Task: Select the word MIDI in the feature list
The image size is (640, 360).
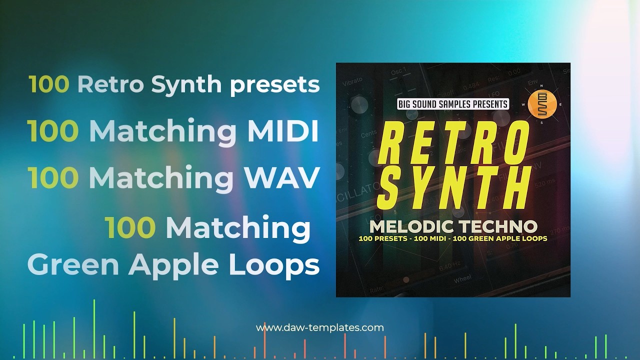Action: pyautogui.click(x=283, y=131)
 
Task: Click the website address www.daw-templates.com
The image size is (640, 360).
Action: pyautogui.click(x=320, y=328)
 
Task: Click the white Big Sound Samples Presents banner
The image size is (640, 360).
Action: pyautogui.click(x=452, y=104)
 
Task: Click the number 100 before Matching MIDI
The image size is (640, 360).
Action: pyautogui.click(x=53, y=131)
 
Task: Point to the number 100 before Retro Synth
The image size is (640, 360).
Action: pyautogui.click(x=49, y=84)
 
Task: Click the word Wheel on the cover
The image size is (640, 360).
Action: pyautogui.click(x=462, y=279)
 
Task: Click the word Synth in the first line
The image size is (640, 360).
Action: pyautogui.click(x=186, y=84)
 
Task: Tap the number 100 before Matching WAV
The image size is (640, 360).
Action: pyautogui.click(x=53, y=177)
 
